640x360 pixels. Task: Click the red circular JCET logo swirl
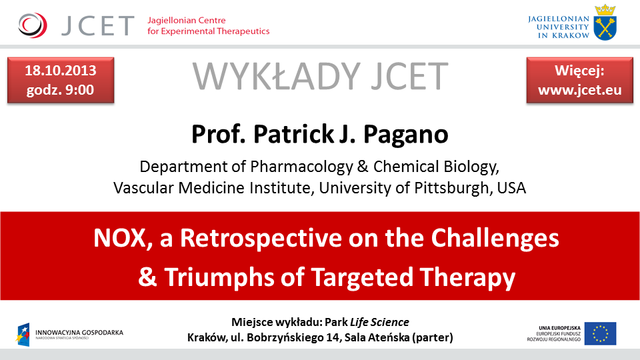tap(33, 25)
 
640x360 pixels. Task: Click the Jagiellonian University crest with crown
tap(605, 23)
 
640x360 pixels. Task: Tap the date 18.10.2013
tap(61, 71)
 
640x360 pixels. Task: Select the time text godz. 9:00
tap(61, 90)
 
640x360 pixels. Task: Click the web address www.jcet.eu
tap(579, 90)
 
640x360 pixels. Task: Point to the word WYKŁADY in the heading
tap(276, 76)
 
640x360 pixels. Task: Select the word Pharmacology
tap(301, 167)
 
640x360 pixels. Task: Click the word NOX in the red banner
tap(119, 238)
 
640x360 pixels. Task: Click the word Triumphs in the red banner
tap(219, 277)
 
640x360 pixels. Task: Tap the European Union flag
tap(600, 333)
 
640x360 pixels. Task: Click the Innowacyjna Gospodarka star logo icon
tap(23, 334)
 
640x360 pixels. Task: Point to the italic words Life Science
tap(379, 322)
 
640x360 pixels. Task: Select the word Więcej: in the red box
tap(579, 71)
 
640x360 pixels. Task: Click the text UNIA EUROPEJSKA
tap(559, 328)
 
